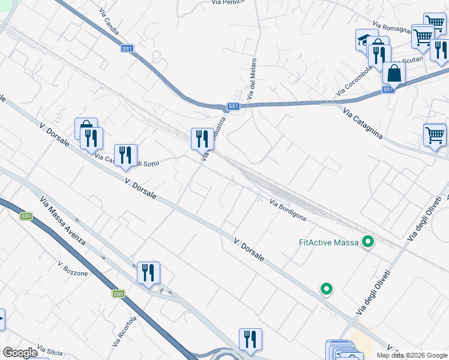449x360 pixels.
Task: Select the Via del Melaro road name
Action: click(252, 79)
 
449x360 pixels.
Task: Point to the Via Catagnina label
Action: click(363, 122)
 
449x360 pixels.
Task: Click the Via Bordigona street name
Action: click(288, 212)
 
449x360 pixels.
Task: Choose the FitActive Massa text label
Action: click(328, 242)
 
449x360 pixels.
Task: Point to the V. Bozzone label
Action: click(73, 269)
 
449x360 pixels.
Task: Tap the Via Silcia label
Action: click(50, 349)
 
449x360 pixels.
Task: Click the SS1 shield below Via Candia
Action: click(127, 48)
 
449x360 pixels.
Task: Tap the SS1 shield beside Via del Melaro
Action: click(234, 106)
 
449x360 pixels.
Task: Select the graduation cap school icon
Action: click(364, 40)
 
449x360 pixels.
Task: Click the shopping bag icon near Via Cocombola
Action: click(394, 73)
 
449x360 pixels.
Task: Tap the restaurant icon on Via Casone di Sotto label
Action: click(125, 155)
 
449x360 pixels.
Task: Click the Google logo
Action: click(20, 353)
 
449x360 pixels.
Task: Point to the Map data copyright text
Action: click(412, 355)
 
